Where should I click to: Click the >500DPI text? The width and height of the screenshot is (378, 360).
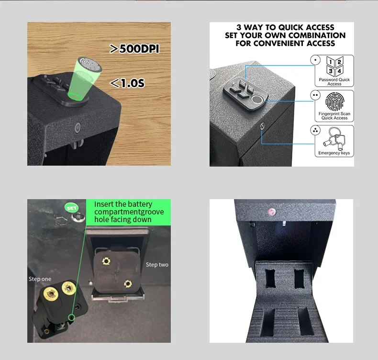[x=134, y=49]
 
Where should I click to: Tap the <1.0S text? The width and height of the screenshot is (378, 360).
[x=127, y=84]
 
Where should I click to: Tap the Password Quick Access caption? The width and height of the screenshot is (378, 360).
[x=334, y=82]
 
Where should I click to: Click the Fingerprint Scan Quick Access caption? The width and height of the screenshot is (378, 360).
[x=334, y=116]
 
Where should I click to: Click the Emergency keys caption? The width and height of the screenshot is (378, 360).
[x=334, y=153]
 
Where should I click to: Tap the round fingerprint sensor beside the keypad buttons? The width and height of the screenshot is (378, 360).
[x=257, y=100]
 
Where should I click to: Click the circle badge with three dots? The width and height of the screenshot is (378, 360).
[x=315, y=130]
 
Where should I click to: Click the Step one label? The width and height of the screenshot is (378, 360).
[x=40, y=279]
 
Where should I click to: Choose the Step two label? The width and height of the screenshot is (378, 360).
[x=157, y=265]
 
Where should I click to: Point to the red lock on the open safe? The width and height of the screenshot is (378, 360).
[x=271, y=211]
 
